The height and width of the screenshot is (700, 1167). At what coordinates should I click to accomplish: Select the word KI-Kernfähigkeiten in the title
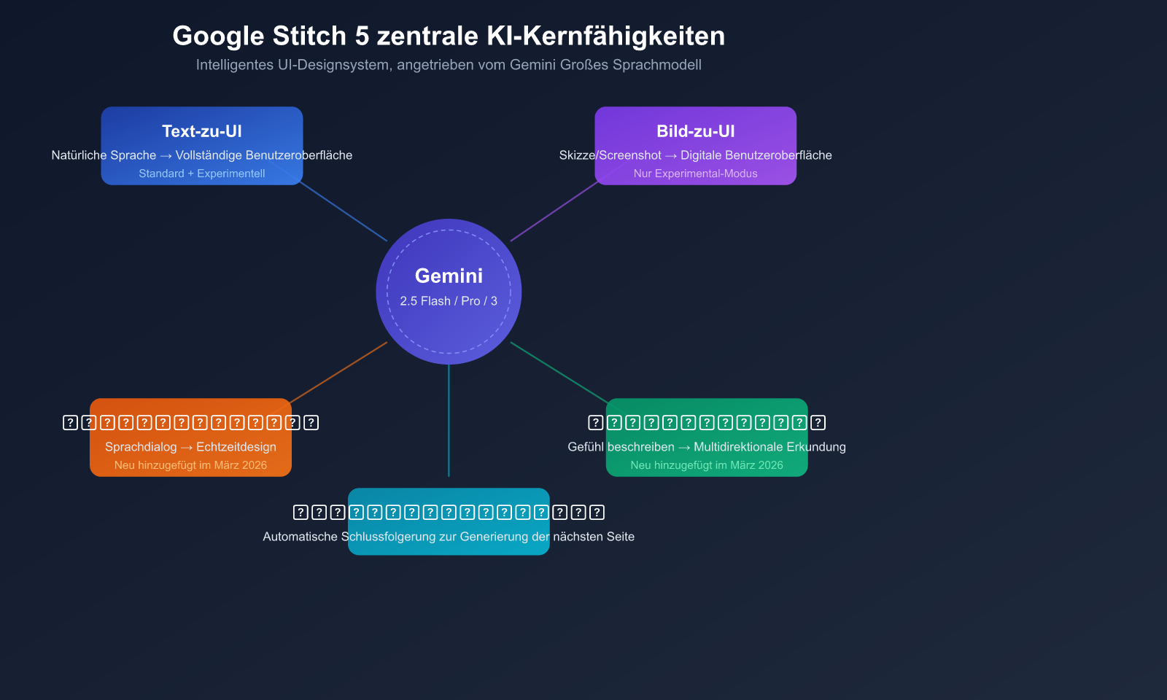(x=605, y=36)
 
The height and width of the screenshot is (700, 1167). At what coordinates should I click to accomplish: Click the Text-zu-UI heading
(x=202, y=131)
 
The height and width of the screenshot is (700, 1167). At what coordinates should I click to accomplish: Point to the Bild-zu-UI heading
(x=696, y=131)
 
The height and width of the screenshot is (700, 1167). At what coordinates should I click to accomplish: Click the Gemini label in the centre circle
(x=449, y=276)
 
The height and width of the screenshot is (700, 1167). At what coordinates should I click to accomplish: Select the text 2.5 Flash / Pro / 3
(x=449, y=301)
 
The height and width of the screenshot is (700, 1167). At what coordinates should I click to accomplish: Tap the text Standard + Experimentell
(x=202, y=174)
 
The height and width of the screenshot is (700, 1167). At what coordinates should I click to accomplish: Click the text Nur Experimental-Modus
(x=696, y=174)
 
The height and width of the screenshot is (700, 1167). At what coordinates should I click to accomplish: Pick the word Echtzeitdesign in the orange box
(x=236, y=447)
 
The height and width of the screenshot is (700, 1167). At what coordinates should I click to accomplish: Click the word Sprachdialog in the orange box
(x=141, y=447)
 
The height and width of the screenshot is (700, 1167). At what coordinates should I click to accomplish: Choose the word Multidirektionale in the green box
(x=738, y=447)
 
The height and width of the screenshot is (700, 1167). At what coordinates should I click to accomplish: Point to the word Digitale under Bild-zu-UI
(x=705, y=155)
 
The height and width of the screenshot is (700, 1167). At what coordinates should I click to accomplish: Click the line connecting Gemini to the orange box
(x=339, y=371)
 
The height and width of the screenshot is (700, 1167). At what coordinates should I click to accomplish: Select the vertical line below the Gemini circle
(x=449, y=423)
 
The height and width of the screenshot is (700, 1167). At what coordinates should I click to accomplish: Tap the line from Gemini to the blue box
(x=343, y=212)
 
